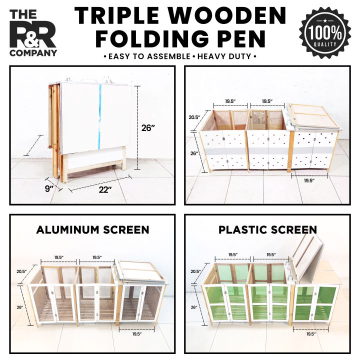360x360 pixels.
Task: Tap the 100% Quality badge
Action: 325,32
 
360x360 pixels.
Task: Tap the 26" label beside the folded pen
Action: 148,127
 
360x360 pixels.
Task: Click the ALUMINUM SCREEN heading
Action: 92,230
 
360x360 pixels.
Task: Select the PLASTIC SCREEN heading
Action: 267,230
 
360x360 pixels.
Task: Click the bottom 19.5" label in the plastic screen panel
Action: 310,333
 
